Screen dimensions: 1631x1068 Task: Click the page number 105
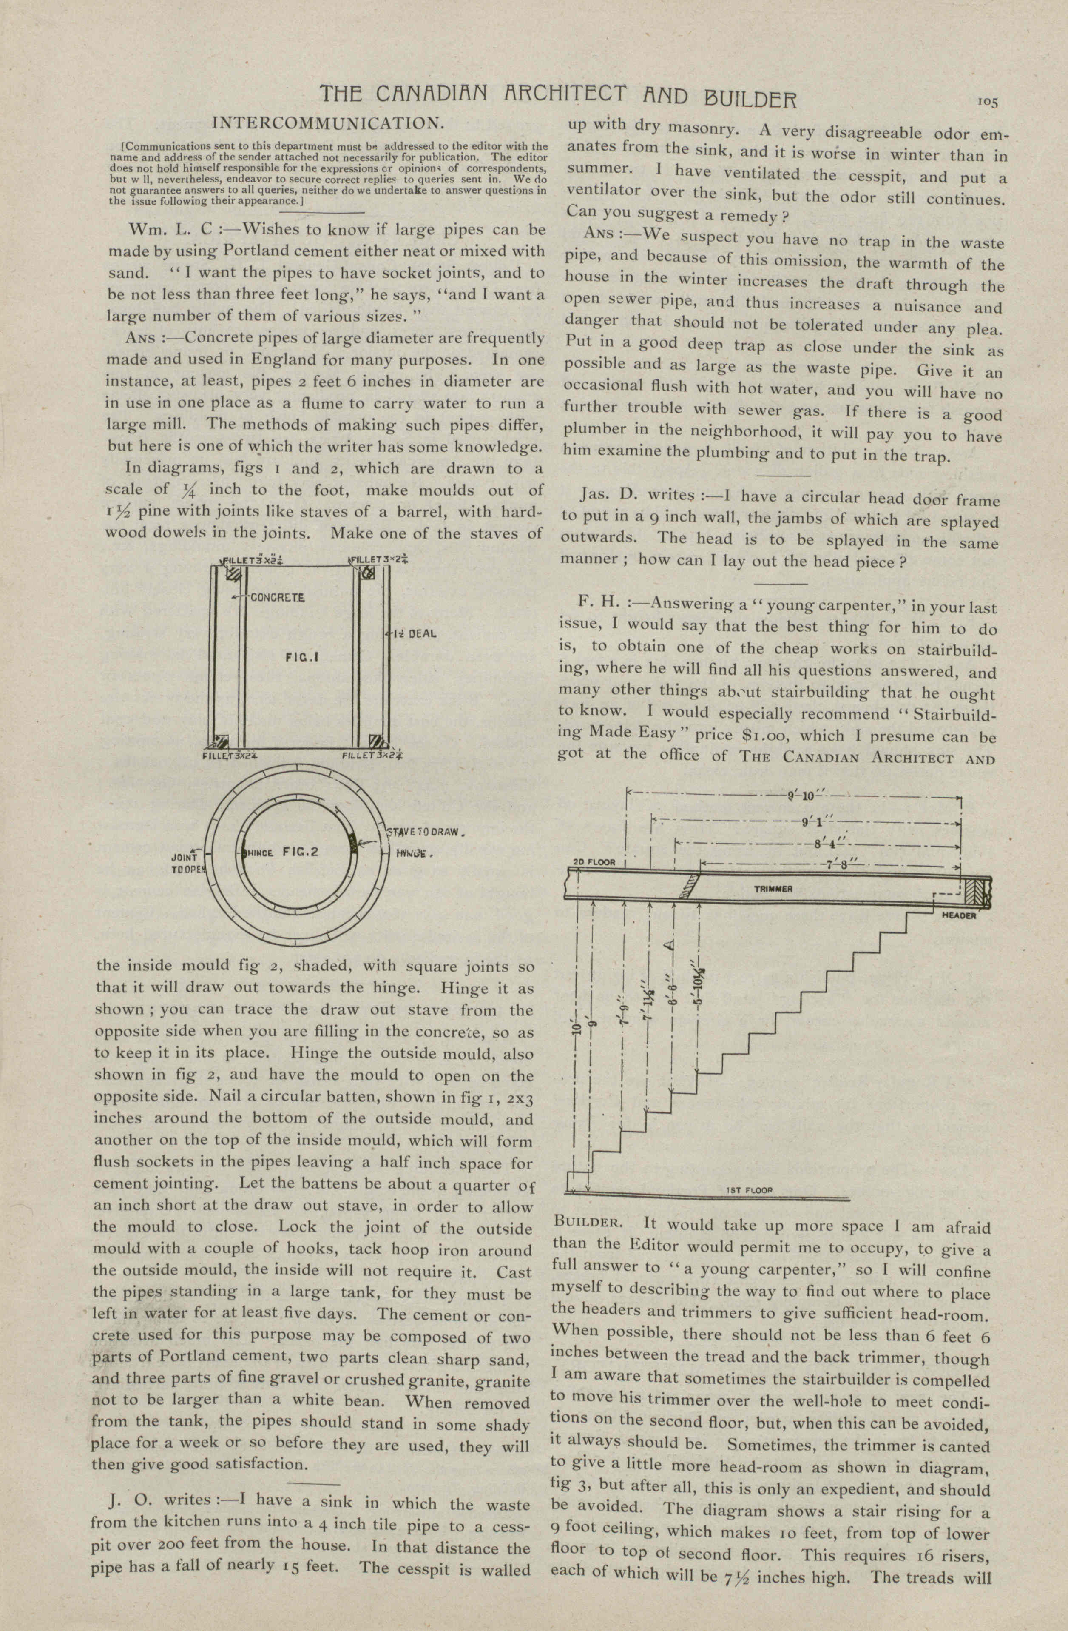[x=987, y=101]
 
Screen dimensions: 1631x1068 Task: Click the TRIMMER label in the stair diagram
[x=773, y=889]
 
